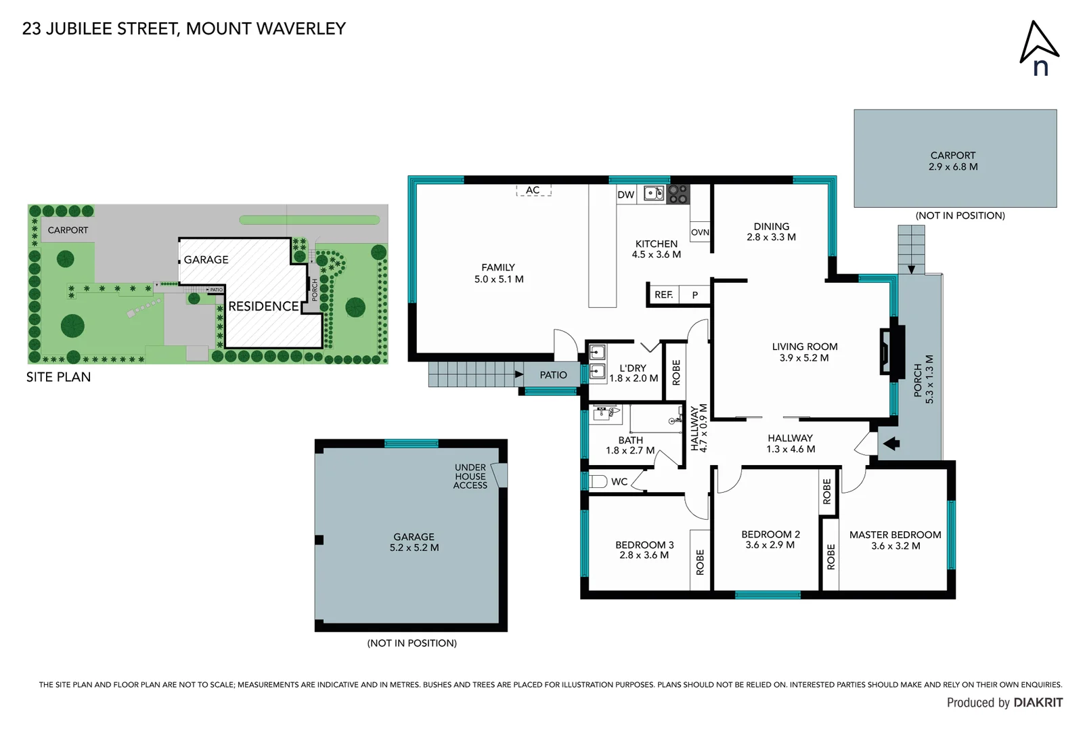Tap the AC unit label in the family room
[533, 190]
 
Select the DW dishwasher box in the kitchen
[626, 195]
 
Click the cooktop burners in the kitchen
[678, 194]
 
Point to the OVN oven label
[700, 232]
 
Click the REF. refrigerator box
[663, 294]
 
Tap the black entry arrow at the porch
[891, 444]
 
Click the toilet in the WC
[598, 482]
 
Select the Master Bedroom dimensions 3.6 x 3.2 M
[895, 546]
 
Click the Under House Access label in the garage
[470, 477]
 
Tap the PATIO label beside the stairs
[553, 375]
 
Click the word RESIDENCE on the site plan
[263, 307]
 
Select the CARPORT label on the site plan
[68, 230]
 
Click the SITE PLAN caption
[58, 377]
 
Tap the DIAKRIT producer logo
[1038, 703]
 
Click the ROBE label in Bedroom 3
[700, 562]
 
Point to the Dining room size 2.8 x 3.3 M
[771, 237]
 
